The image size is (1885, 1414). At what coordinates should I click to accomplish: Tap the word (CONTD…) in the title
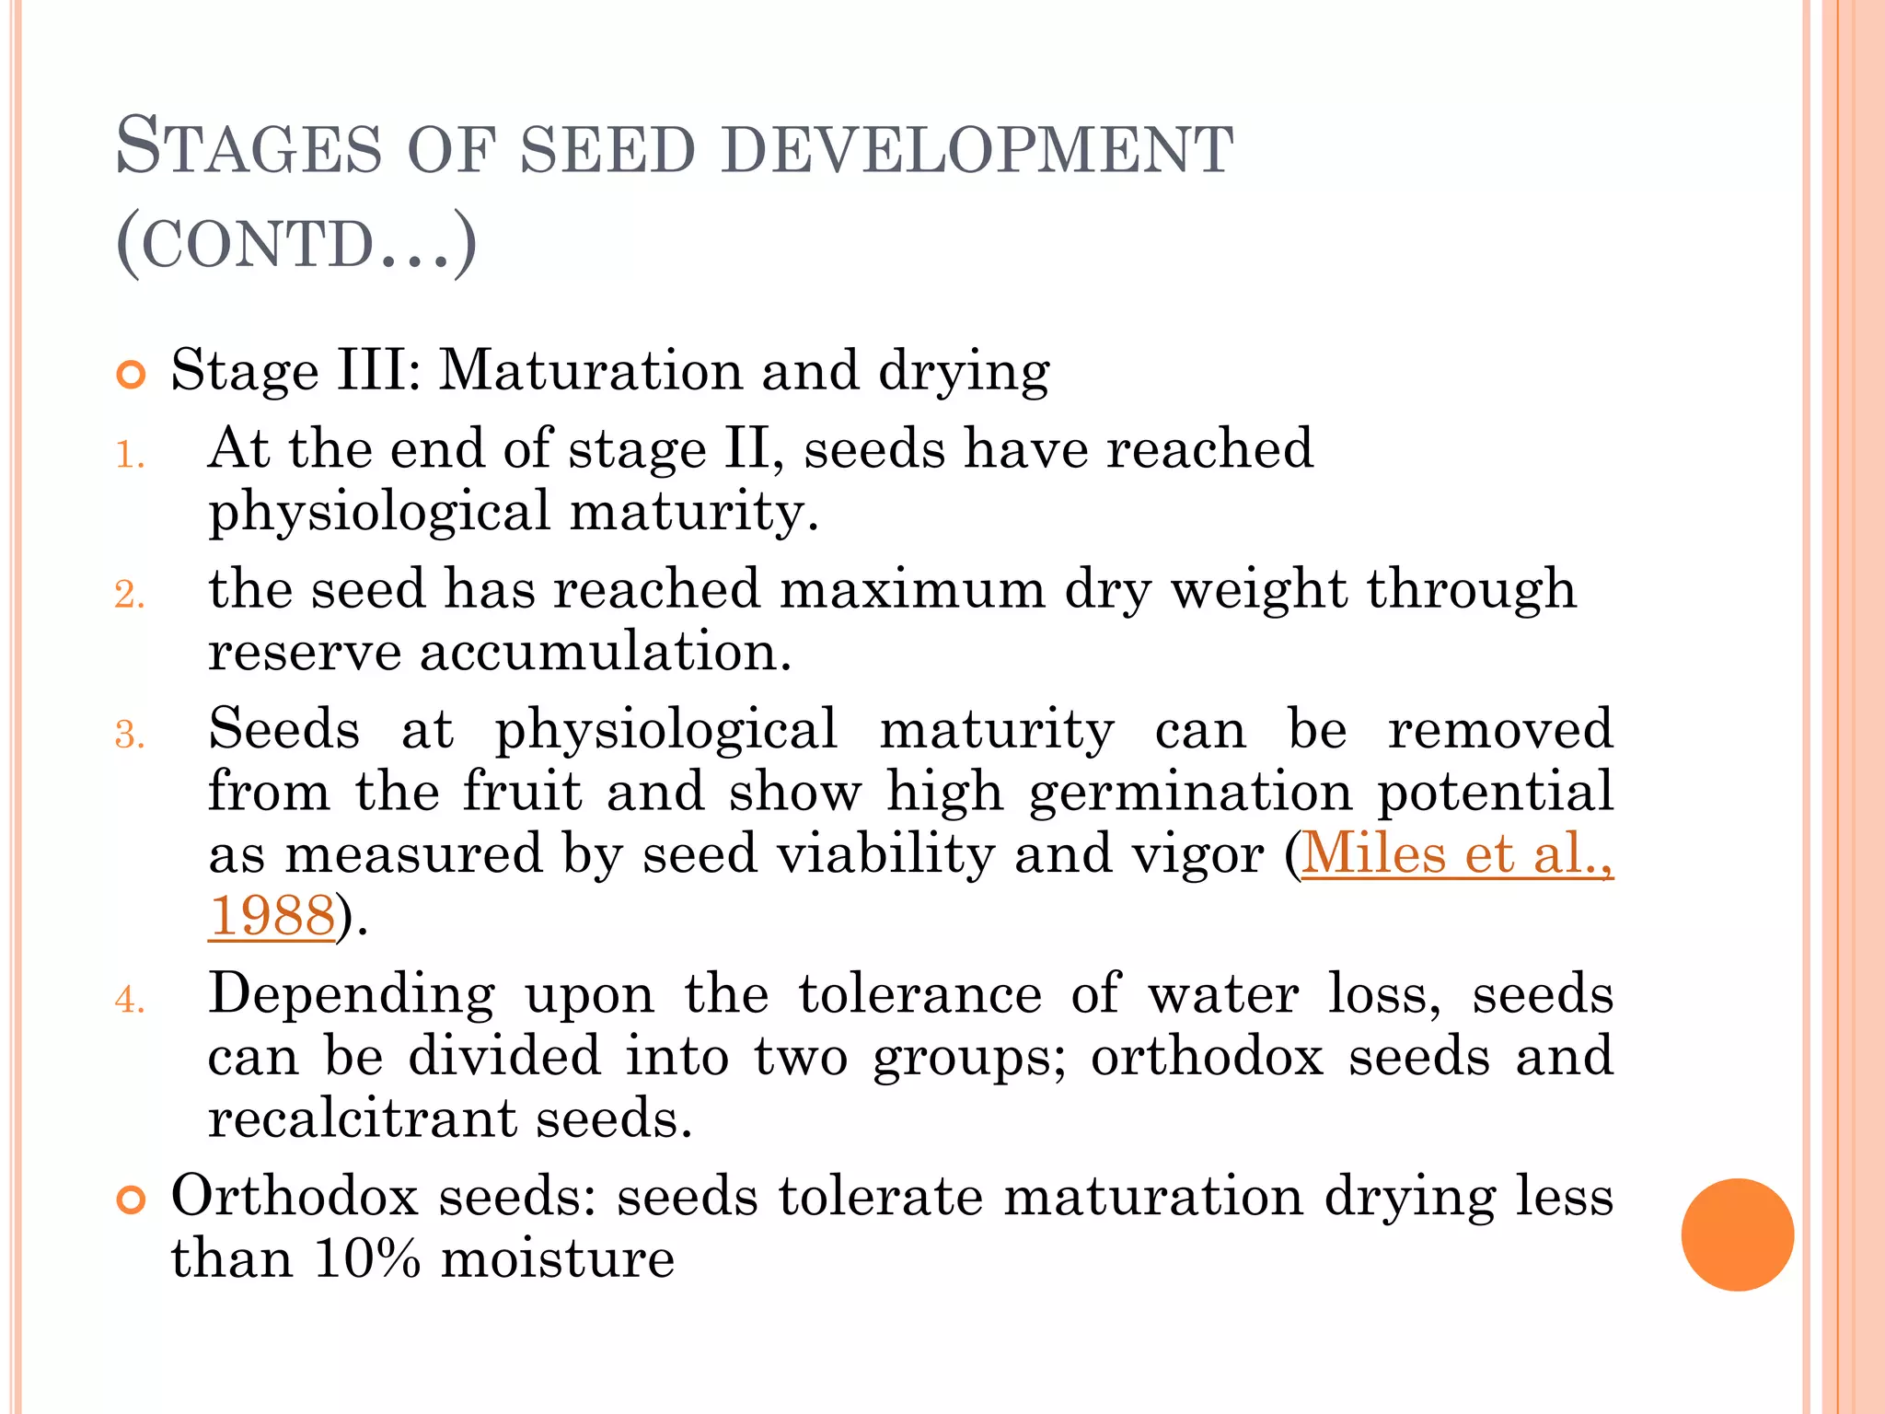296,245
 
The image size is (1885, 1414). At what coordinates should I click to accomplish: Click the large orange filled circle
1737,1234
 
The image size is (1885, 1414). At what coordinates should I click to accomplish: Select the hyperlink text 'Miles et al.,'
1457,853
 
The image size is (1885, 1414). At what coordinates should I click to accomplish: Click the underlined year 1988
272,916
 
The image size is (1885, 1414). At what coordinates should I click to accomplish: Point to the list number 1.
130,455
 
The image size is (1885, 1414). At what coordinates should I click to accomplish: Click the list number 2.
130,595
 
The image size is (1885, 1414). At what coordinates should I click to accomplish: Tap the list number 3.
130,735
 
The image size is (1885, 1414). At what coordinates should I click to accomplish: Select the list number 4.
130,1000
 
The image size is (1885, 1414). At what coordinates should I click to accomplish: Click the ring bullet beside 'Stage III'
132,376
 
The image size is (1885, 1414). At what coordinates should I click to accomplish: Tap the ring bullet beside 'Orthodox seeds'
132,1200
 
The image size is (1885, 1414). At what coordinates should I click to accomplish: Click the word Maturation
590,371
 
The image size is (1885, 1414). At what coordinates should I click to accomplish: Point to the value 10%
366,1258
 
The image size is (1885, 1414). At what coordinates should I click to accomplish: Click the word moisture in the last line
558,1258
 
